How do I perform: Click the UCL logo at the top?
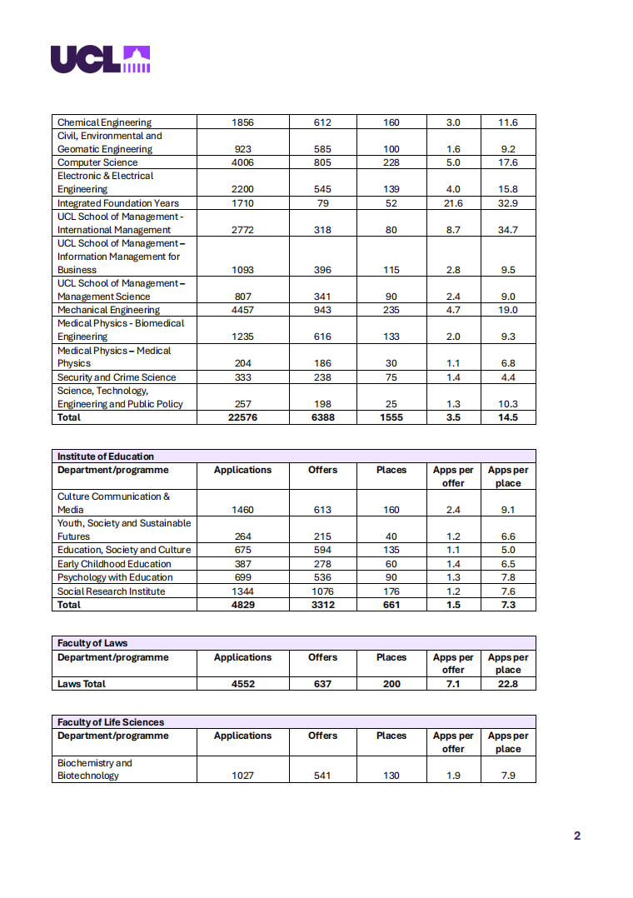(100, 58)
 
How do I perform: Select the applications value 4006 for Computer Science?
(242, 162)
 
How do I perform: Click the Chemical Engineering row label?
(104, 122)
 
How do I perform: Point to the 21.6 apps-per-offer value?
(453, 203)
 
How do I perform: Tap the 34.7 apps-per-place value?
(508, 230)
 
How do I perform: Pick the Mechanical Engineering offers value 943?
(322, 310)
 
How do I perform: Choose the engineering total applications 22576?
(242, 417)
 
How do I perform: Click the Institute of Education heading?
(106, 456)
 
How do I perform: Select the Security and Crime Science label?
(117, 377)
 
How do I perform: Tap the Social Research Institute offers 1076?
(322, 591)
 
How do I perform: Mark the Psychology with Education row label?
(115, 577)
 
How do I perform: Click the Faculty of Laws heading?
(92, 643)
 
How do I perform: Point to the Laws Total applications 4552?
(242, 684)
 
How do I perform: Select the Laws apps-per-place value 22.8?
(508, 684)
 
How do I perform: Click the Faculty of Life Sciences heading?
(111, 722)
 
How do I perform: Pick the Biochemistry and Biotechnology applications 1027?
(242, 776)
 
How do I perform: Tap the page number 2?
(577, 836)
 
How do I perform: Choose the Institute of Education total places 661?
(391, 605)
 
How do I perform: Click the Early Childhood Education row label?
(115, 564)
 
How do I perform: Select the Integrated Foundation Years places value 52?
(391, 203)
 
